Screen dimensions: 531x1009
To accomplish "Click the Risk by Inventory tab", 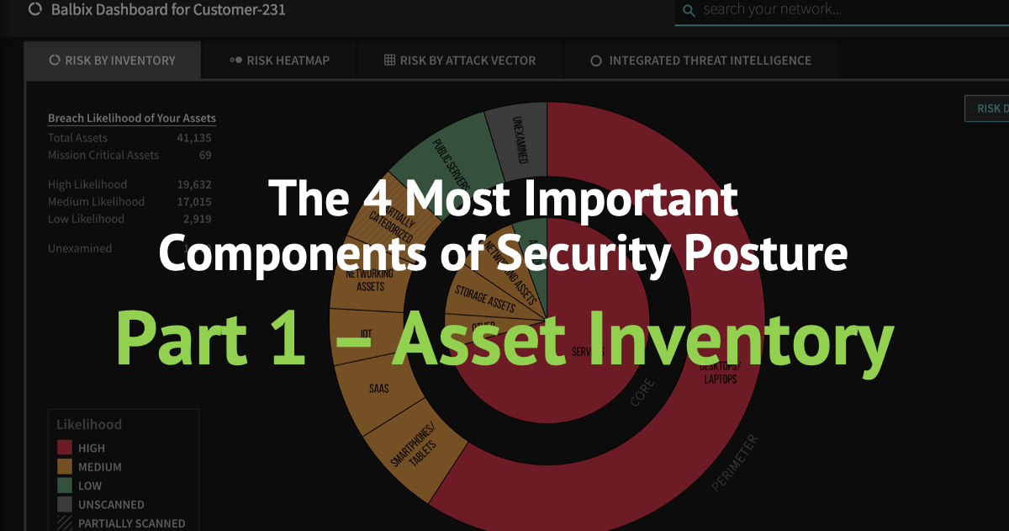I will click(113, 61).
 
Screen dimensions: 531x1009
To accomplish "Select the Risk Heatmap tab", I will click(279, 61).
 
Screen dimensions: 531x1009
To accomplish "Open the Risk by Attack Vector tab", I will click(460, 61).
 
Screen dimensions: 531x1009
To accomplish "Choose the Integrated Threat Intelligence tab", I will click(700, 61).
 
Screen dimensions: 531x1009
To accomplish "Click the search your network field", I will click(841, 10).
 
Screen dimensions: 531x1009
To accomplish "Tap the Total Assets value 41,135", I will click(194, 138).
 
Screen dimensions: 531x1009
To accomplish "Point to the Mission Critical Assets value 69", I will click(205, 155).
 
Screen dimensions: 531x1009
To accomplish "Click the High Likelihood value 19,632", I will click(194, 184).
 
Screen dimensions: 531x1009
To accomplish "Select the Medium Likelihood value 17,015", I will click(194, 202).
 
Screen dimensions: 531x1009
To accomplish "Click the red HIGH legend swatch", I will click(65, 448).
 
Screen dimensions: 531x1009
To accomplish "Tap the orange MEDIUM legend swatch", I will click(65, 466).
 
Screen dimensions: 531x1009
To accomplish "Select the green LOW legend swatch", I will click(65, 486).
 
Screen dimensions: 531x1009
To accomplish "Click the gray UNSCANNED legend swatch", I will click(65, 504).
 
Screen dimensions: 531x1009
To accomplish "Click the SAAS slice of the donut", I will click(378, 390).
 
